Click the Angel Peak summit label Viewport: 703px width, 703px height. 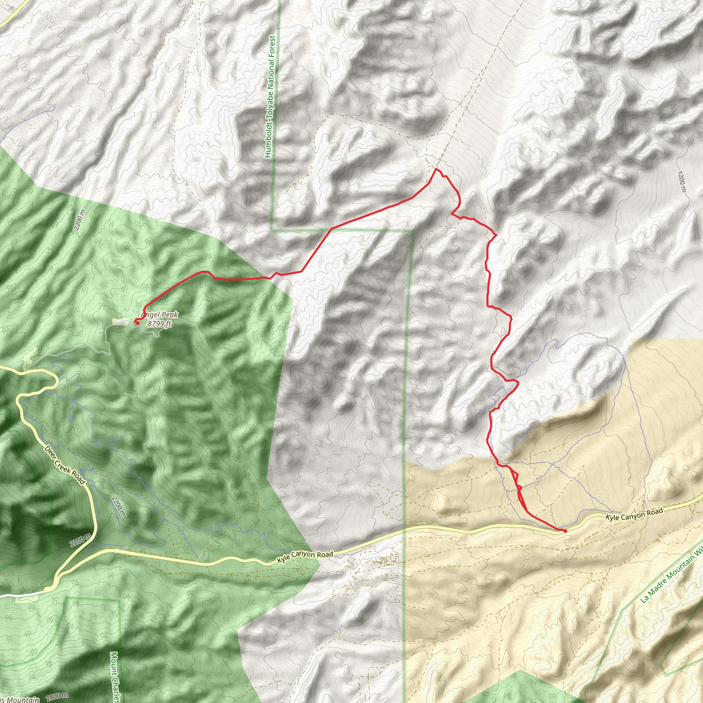click(x=160, y=315)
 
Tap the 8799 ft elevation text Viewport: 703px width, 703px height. click(x=160, y=323)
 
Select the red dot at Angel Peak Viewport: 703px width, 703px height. click(x=137, y=322)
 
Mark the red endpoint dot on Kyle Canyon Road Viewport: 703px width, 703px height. click(x=565, y=531)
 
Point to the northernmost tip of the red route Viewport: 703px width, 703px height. click(x=436, y=169)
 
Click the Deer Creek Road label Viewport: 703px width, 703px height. click(x=65, y=465)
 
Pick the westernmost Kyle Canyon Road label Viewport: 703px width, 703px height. click(x=305, y=557)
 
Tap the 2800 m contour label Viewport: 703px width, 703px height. click(x=57, y=696)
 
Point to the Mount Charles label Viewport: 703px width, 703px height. click(x=115, y=677)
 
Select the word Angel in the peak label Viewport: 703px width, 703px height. click(x=149, y=315)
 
